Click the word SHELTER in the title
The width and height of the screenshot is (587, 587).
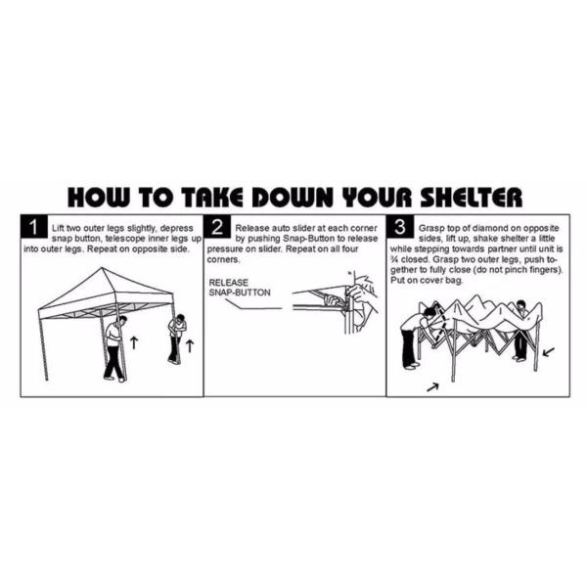(x=471, y=198)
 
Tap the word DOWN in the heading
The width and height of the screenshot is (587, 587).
(x=294, y=198)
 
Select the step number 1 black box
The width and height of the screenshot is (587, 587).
(x=34, y=227)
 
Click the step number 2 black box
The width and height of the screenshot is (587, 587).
(x=217, y=227)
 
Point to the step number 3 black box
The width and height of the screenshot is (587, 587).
(x=400, y=227)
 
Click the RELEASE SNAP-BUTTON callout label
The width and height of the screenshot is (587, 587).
(x=240, y=288)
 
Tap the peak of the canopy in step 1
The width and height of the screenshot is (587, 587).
(x=102, y=268)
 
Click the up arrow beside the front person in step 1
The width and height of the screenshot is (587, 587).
(x=134, y=342)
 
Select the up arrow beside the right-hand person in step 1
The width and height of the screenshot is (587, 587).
(x=190, y=346)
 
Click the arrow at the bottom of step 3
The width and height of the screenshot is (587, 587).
(x=432, y=387)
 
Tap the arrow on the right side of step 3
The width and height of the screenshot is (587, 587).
(x=548, y=352)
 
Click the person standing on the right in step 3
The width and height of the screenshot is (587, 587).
(x=521, y=331)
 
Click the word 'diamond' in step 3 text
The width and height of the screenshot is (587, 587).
(x=497, y=228)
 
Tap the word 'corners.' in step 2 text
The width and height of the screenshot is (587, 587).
(x=223, y=260)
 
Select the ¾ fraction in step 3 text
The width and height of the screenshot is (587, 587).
(x=394, y=260)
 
